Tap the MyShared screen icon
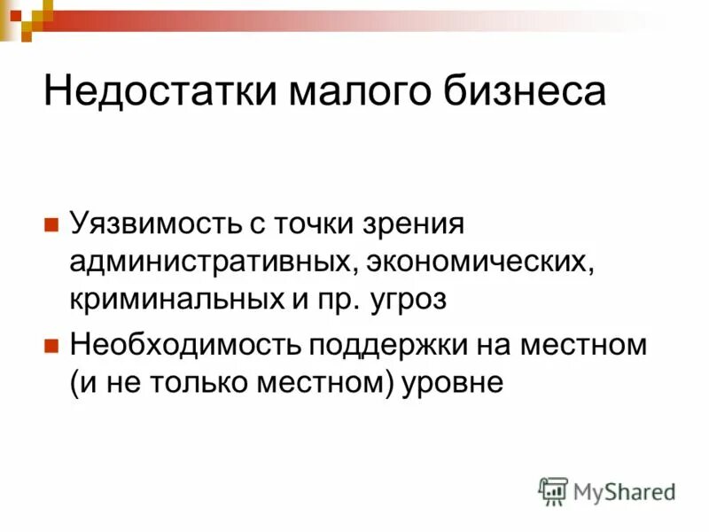(553, 490)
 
